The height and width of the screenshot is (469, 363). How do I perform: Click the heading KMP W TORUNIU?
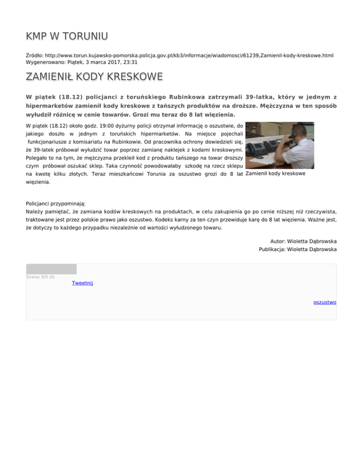67,36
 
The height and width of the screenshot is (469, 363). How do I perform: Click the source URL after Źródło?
188,55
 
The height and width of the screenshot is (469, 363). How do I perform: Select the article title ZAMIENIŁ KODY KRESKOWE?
94,76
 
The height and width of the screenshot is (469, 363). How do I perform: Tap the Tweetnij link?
82,283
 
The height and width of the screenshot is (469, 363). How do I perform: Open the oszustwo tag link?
325,302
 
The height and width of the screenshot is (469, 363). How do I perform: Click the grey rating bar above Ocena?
51,269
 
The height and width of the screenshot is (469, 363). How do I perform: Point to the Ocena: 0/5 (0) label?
40,277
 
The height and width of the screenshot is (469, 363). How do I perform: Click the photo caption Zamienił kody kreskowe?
276,174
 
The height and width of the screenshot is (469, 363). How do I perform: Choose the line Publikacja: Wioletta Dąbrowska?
298,249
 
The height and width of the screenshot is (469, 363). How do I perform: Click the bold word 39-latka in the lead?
263,96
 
